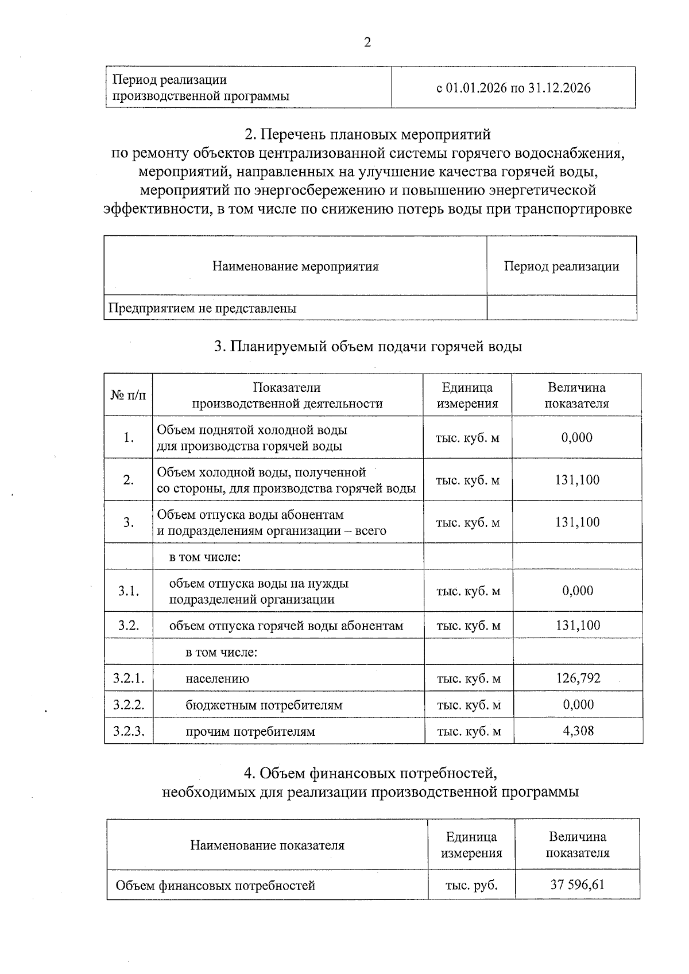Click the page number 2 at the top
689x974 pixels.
pos(367,42)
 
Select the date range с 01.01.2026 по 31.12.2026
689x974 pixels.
pos(513,88)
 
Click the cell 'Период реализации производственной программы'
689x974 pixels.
pos(200,88)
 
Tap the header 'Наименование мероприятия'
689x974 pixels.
pos(295,266)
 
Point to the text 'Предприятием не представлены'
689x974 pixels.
pos(203,308)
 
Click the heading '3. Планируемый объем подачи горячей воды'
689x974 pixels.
pos(367,346)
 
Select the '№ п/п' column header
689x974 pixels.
pos(128,395)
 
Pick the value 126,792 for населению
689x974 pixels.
pos(578,678)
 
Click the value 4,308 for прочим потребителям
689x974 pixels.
pos(578,731)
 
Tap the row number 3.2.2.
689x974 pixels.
pos(129,705)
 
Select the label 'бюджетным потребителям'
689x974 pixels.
pos(264,705)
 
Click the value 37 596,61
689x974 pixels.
pos(577,884)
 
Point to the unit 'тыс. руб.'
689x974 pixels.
pos(471,885)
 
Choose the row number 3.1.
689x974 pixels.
pos(129,591)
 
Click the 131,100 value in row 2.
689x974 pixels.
pos(577,480)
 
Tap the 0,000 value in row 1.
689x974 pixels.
pos(577,437)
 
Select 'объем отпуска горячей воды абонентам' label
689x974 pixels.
pos(286,626)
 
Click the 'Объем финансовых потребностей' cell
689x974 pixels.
pos(215,885)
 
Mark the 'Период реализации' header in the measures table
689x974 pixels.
pos(561,266)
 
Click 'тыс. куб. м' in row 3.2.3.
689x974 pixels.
pos(469,731)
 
